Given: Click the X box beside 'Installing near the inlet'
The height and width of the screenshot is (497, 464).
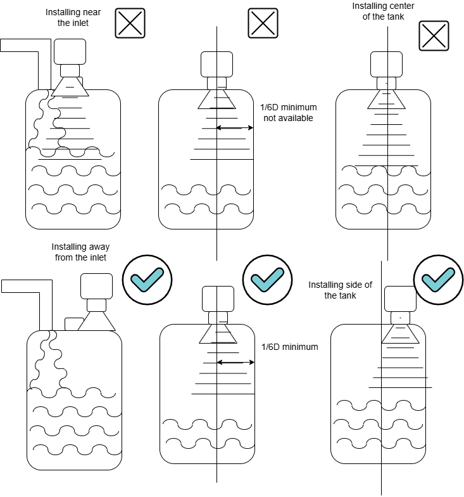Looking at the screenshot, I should [130, 24].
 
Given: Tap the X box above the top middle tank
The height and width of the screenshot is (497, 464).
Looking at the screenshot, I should [263, 24].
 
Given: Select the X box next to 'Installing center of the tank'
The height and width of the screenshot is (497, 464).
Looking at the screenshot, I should [434, 37].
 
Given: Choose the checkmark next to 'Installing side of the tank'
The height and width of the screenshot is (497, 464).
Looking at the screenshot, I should [438, 278].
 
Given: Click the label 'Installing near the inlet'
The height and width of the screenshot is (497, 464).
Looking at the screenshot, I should [70, 18].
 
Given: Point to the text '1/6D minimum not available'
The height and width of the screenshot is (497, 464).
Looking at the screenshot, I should [287, 113].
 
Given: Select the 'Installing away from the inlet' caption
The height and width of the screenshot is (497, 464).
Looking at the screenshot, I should [79, 252].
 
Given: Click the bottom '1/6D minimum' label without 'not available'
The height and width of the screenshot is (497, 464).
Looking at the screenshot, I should [289, 347].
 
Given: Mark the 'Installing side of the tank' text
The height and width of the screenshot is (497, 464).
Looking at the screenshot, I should [340, 290].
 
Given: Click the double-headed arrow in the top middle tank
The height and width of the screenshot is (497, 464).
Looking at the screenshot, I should [235, 128].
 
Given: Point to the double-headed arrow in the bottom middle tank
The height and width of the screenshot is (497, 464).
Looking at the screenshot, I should [235, 363].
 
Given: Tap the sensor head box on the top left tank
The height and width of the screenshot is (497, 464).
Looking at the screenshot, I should [70, 51].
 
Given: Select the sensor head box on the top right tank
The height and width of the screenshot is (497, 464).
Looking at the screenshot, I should [387, 64].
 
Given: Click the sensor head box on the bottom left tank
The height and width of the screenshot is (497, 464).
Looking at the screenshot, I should [96, 285].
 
